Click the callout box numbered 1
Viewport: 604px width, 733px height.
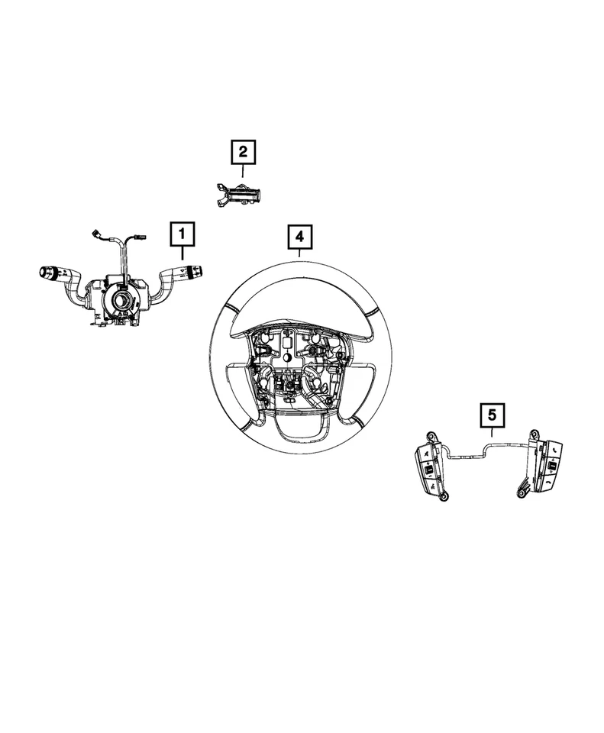pos(182,234)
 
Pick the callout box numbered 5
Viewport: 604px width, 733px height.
pos(492,416)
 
